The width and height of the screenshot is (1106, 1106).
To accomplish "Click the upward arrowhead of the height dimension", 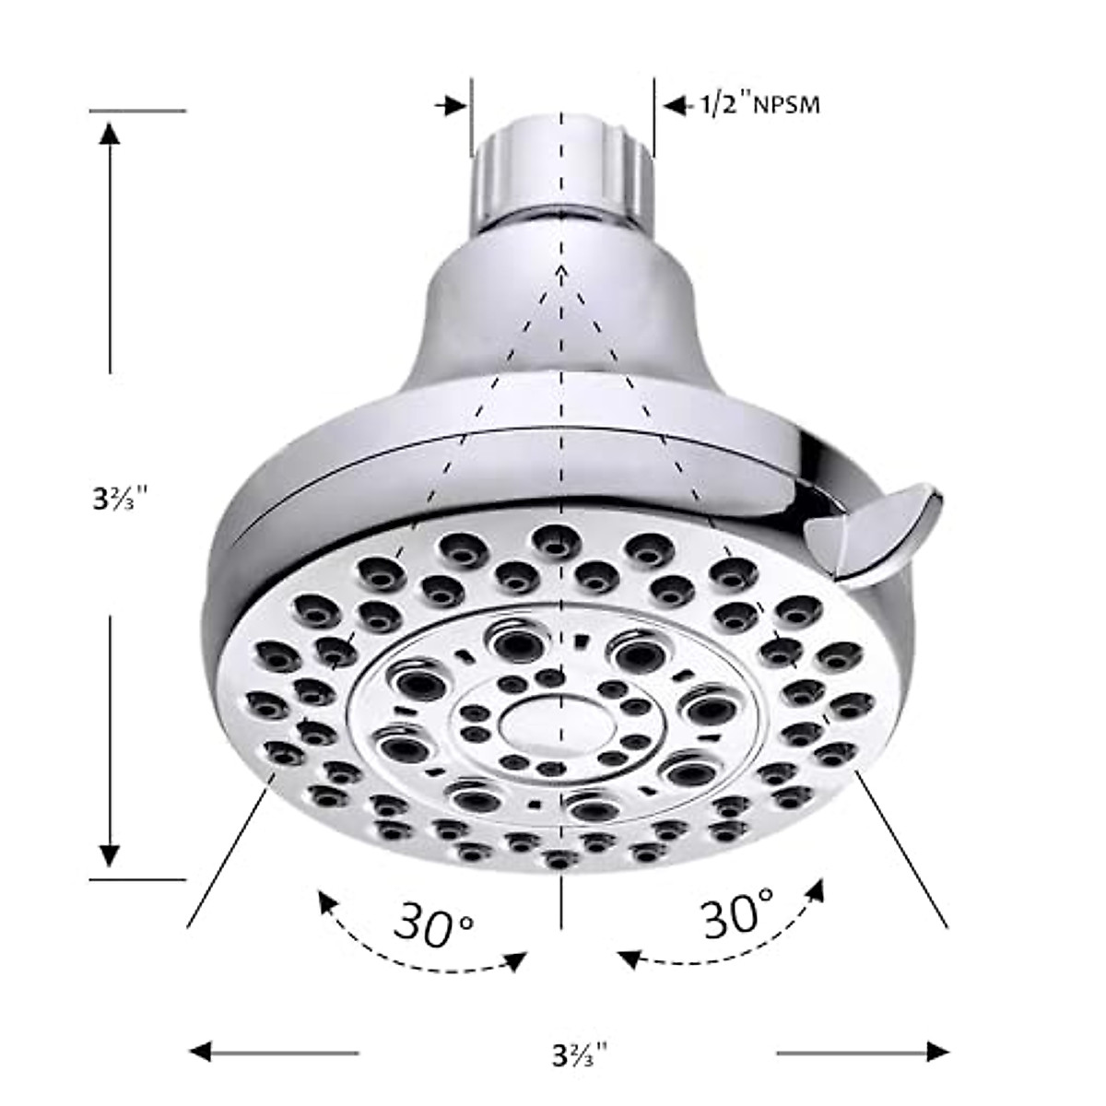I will coord(110,134).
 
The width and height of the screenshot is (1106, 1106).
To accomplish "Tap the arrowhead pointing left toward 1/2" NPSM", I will coord(676,106).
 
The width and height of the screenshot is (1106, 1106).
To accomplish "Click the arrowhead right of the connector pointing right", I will coord(454,105).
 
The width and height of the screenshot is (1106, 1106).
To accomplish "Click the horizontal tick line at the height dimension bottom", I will coord(138,879).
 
